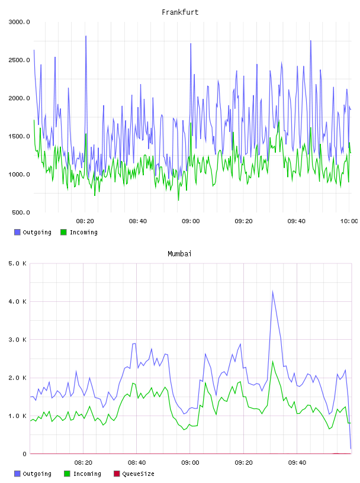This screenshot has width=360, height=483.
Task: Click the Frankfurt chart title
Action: click(180, 12)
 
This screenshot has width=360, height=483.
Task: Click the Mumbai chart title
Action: click(179, 254)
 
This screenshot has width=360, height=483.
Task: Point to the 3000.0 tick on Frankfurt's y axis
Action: click(20, 22)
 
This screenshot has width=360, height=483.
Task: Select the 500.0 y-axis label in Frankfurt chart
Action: click(21, 212)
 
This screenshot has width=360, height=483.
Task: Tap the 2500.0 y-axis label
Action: click(20, 60)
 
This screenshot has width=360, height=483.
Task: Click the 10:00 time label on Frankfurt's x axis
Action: click(349, 221)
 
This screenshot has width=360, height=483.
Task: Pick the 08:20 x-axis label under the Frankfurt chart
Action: click(85, 221)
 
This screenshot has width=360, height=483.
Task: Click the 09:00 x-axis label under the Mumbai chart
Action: click(190, 463)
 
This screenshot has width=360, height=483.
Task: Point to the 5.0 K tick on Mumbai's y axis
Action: click(18, 263)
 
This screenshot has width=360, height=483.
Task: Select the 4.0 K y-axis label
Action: click(18, 302)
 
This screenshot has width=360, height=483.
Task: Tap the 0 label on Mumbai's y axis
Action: click(24, 454)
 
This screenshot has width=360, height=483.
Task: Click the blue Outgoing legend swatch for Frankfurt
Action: click(17, 232)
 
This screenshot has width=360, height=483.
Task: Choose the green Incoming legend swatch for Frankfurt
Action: click(63, 232)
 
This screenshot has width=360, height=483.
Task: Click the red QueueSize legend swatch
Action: click(117, 474)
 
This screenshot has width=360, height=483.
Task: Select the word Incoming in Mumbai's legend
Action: click(87, 474)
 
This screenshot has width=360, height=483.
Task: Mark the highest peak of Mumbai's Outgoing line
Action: click(273, 291)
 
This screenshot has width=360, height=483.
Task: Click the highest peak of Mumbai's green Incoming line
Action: click(273, 361)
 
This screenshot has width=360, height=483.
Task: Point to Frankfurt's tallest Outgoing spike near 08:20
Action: click(86, 36)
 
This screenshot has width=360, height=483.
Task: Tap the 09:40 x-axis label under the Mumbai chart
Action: click(297, 463)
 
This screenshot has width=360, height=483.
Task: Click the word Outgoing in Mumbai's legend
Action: click(37, 474)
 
